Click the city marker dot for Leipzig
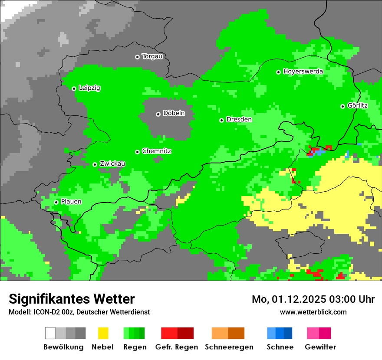pyautogui.click(x=74, y=88)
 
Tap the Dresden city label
pyautogui.click(x=239, y=119)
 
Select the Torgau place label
pyautogui.click(x=152, y=56)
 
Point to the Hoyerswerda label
pyautogui.click(x=303, y=71)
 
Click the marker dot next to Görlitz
pyautogui.click(x=342, y=106)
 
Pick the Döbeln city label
pyautogui.click(x=174, y=113)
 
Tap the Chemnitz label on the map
pyautogui.click(x=156, y=151)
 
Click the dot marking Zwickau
pyautogui.click(x=95, y=164)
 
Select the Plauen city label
pyautogui.click(x=71, y=202)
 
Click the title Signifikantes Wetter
pyautogui.click(x=72, y=299)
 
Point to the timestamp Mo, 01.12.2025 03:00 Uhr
pyautogui.click(x=313, y=299)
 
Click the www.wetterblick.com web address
pyautogui.click(x=313, y=312)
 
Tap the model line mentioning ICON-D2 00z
pyautogui.click(x=79, y=312)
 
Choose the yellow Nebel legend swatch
pyautogui.click(x=103, y=333)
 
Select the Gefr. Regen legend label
pyautogui.click(x=177, y=347)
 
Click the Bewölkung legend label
pyautogui.click(x=63, y=347)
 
